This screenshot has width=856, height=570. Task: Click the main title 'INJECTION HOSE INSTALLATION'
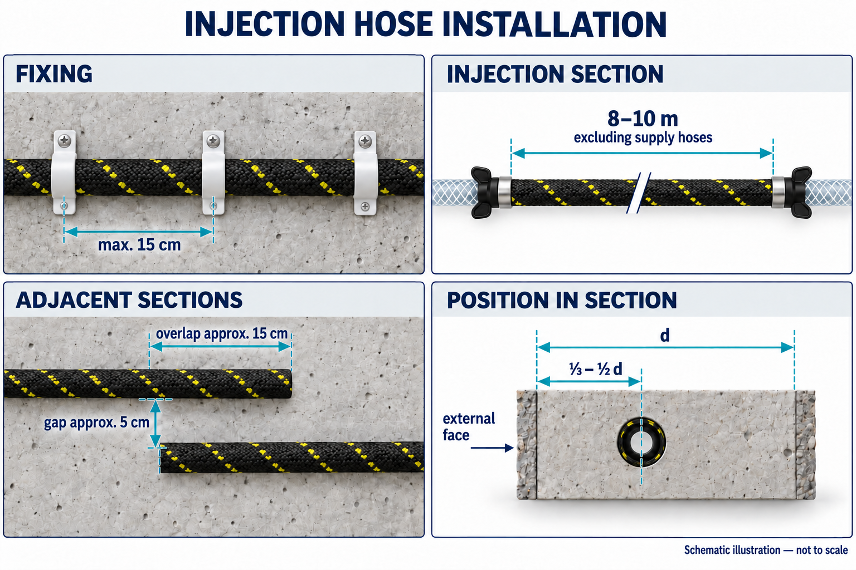click(x=426, y=24)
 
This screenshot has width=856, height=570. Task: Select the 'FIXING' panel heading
click(x=54, y=74)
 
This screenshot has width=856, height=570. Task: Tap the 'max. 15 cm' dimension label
click(x=139, y=245)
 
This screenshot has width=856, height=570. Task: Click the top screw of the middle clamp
click(x=213, y=141)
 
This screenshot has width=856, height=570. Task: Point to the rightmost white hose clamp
click(x=366, y=173)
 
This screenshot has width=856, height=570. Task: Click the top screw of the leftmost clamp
click(x=64, y=141)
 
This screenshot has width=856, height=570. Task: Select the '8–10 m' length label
click(x=643, y=119)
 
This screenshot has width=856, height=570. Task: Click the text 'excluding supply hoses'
click(x=643, y=137)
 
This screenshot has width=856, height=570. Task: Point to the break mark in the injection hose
click(x=639, y=193)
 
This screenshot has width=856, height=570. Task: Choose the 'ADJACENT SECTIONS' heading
click(x=129, y=300)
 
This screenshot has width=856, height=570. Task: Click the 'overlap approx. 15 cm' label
click(x=222, y=333)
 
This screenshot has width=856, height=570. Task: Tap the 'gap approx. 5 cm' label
click(x=96, y=422)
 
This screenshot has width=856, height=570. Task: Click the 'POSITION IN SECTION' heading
click(x=562, y=300)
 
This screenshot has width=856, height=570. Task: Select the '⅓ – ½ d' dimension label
click(x=596, y=369)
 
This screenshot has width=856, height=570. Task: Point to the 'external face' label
click(x=469, y=426)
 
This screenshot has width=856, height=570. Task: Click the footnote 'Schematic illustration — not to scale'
click(x=766, y=550)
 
